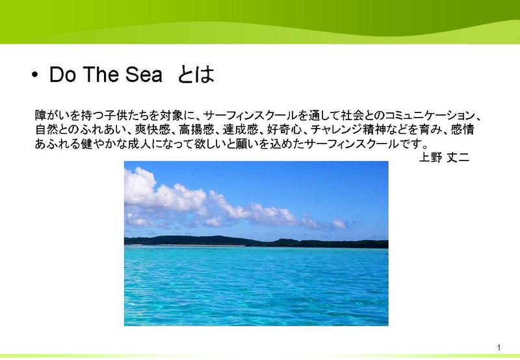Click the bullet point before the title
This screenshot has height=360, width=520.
pyautogui.click(x=35, y=75)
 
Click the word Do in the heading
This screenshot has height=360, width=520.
pyautogui.click(x=62, y=74)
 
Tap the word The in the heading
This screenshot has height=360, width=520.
pyautogui.click(x=101, y=74)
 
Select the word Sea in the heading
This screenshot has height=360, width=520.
pyautogui.click(x=144, y=74)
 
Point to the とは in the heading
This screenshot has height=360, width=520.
pyautogui.click(x=196, y=74)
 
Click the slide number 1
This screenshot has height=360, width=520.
pyautogui.click(x=499, y=348)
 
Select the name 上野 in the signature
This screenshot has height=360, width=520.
pyautogui.click(x=430, y=157)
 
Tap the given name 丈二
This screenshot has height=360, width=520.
pyautogui.click(x=458, y=157)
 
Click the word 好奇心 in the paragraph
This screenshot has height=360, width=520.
pyautogui.click(x=284, y=129)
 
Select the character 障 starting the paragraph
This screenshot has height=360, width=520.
pyautogui.click(x=40, y=116)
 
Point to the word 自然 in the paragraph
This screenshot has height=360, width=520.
pyautogui.click(x=46, y=129)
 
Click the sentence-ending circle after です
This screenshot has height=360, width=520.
pyautogui.click(x=425, y=146)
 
